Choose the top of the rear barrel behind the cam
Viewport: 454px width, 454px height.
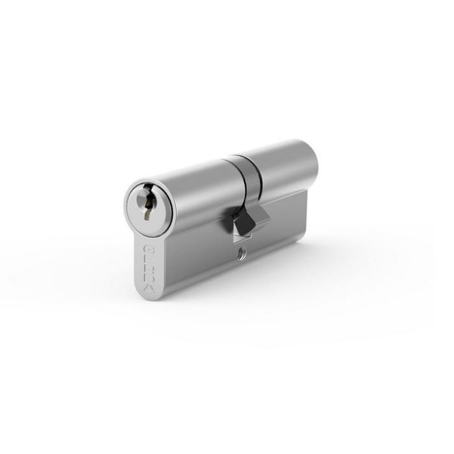(279, 152)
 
